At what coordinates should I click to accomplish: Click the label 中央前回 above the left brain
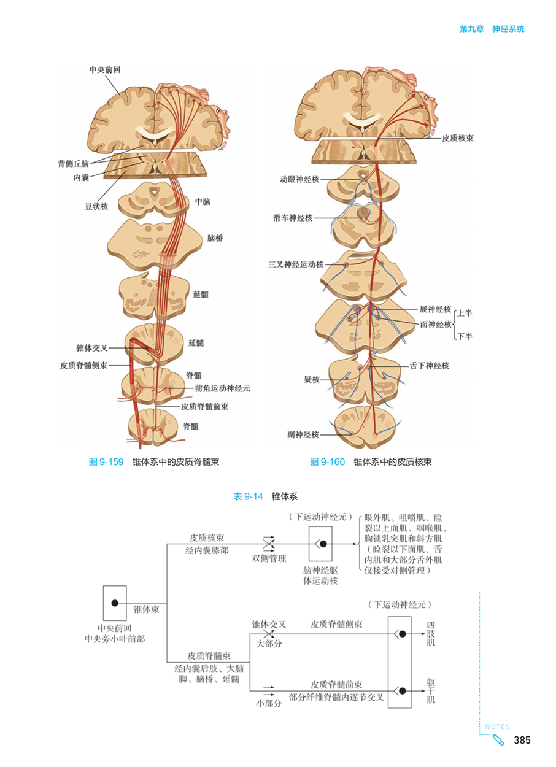click(x=104, y=70)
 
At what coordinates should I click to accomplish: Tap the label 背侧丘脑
click(x=74, y=164)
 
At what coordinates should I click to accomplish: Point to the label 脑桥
click(x=215, y=237)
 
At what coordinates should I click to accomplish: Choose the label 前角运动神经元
click(x=223, y=388)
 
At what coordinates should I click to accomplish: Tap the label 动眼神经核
click(x=299, y=180)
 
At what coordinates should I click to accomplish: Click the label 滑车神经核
click(x=293, y=218)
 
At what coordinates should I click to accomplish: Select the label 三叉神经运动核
click(x=295, y=265)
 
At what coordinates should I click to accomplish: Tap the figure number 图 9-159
click(x=107, y=462)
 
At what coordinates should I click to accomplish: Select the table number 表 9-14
click(x=249, y=496)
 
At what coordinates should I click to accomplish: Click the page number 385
click(x=522, y=741)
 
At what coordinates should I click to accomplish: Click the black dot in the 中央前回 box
click(x=115, y=603)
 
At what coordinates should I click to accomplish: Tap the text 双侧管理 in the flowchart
click(x=269, y=558)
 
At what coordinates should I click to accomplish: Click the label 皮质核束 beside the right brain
click(x=458, y=139)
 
